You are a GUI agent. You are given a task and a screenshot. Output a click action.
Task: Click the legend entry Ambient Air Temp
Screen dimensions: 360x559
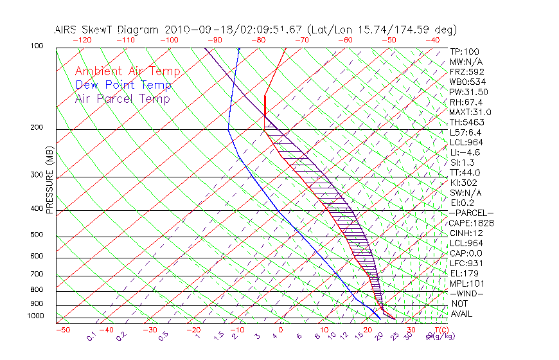[x=127, y=71]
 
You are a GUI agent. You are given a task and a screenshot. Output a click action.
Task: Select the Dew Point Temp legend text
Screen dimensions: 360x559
[x=123, y=85]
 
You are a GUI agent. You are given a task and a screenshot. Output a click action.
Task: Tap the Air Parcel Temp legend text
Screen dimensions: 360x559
[x=123, y=98]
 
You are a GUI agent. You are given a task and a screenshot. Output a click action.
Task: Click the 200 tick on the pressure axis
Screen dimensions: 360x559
[x=36, y=128]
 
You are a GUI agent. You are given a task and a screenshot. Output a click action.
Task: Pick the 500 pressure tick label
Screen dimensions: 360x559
[x=36, y=235]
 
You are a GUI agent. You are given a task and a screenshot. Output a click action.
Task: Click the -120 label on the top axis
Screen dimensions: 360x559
[x=82, y=40]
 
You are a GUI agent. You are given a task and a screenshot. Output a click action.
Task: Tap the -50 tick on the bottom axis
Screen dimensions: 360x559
[x=62, y=330]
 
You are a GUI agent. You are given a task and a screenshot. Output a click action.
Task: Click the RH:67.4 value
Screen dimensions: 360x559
[x=466, y=102]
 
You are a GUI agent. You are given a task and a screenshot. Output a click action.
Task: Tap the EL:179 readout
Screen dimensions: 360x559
[x=464, y=273]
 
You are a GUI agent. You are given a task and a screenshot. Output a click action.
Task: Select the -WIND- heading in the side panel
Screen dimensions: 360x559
[x=467, y=293]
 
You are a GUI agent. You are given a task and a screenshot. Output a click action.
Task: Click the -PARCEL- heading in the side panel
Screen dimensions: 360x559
[x=471, y=213]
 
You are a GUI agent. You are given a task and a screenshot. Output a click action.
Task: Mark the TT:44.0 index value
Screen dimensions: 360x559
[x=466, y=172]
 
